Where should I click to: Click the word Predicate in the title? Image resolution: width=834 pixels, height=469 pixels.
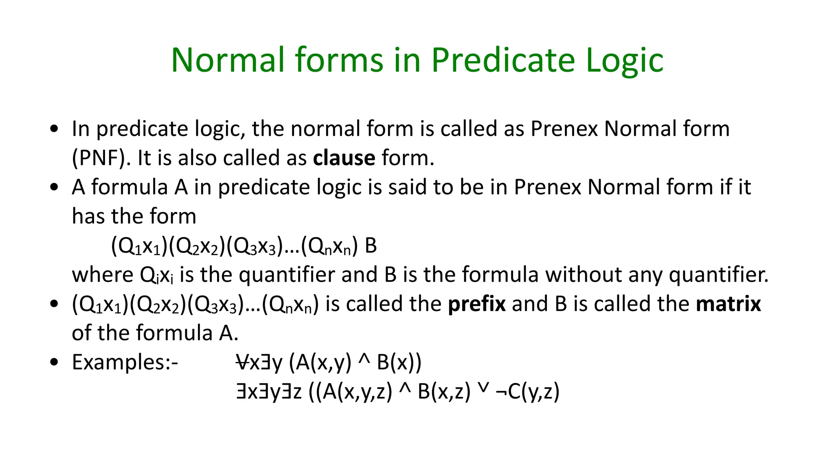coord(503,60)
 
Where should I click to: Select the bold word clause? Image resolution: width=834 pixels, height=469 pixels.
coord(344,158)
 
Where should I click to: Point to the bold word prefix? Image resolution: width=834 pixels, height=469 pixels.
coord(477,304)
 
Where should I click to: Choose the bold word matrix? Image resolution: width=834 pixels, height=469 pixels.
coord(728,304)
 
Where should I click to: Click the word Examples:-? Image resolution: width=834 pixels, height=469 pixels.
coord(125,362)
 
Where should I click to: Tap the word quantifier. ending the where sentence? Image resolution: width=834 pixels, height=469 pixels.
coord(719,275)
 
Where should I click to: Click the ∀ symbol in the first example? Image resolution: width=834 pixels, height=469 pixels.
coord(242,362)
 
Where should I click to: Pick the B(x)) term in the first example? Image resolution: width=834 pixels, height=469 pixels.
coord(399,362)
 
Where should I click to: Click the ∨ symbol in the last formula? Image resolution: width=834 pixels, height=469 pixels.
coord(483,390)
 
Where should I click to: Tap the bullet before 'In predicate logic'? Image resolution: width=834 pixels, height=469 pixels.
coord(54,129)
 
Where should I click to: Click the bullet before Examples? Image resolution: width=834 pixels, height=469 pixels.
coord(54,362)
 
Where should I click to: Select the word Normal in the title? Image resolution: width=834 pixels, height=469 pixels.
coord(228,60)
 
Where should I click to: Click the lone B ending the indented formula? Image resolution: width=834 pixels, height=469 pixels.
coord(371,245)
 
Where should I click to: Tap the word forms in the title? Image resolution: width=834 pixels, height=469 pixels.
coord(340,60)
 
